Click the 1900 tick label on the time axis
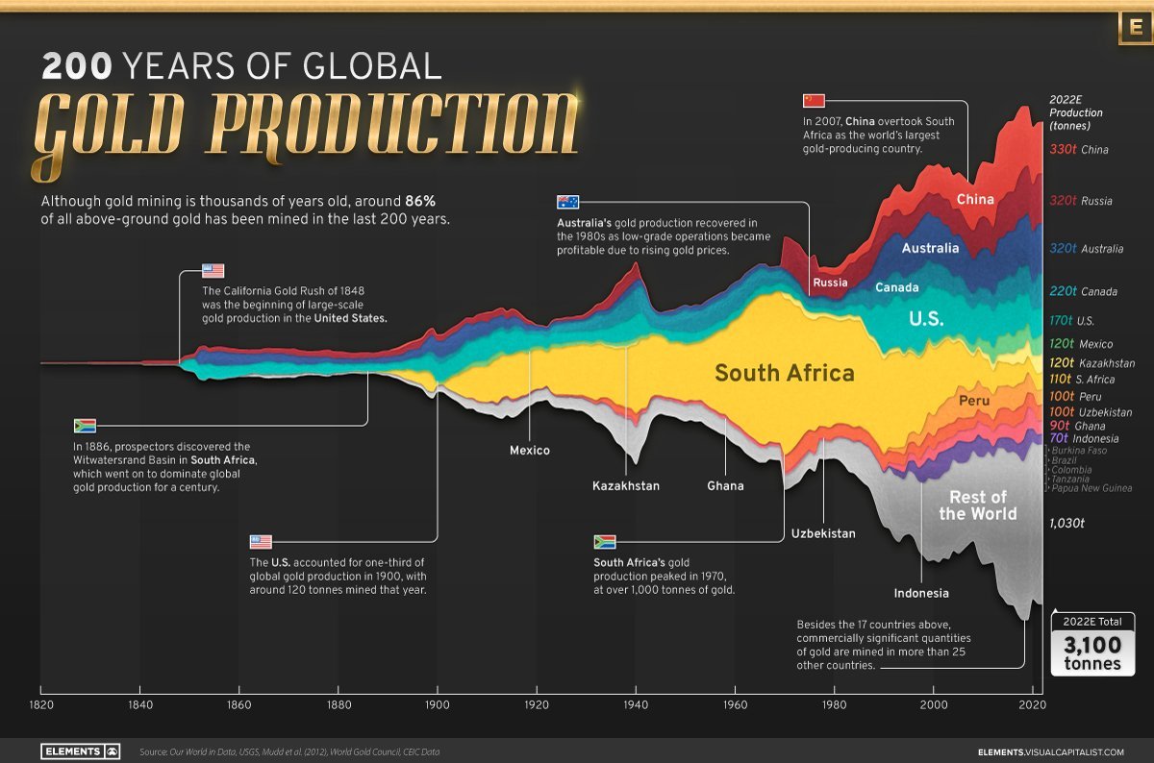438,704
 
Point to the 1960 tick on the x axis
736,704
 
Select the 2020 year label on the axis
1032,704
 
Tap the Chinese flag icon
814,101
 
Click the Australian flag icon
568,202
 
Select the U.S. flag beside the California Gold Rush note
213,271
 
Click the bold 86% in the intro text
419,202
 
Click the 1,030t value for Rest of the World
1066,523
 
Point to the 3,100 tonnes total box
1092,645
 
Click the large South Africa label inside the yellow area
784,373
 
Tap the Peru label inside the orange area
973,400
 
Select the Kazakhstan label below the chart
626,486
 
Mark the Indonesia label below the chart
921,593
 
